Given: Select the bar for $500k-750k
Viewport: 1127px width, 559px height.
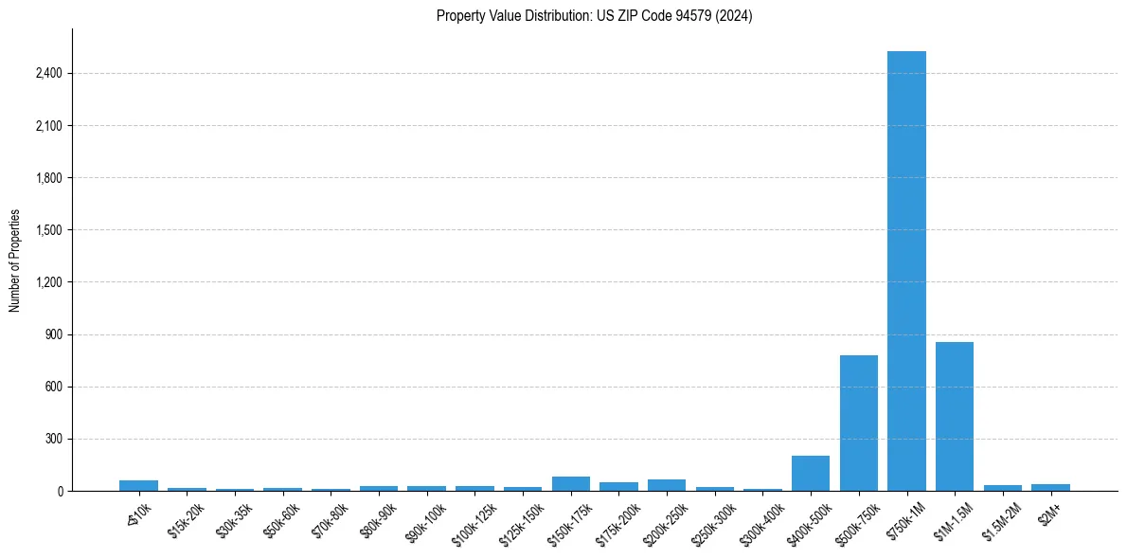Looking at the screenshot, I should point(858,424).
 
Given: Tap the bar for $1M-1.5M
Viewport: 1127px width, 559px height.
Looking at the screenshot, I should point(954,417).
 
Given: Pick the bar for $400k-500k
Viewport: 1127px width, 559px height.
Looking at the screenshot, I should point(811,474).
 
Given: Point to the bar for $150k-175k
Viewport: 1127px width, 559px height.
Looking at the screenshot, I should point(570,484).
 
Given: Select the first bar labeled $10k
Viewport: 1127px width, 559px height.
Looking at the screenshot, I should point(138,486).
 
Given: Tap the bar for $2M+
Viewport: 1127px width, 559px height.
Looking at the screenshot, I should point(1050,488).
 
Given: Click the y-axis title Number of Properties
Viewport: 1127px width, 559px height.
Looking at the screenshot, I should point(15,261).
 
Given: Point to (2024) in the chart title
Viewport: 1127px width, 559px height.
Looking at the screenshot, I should point(735,16).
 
